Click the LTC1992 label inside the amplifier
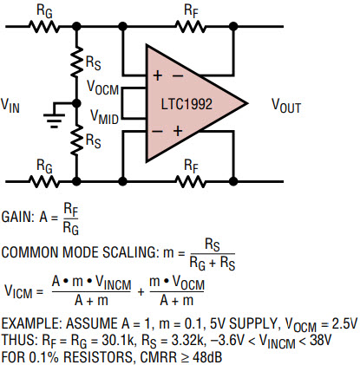(x=187, y=104)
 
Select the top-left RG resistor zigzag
(x=44, y=27)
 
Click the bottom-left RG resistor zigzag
(x=44, y=182)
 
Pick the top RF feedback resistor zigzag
(x=191, y=27)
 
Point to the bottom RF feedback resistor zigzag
(x=191, y=182)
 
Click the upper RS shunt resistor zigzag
(x=76, y=62)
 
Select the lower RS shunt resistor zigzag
(x=76, y=140)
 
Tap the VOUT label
(x=286, y=106)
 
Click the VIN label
(x=10, y=106)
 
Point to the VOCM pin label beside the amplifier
(x=103, y=87)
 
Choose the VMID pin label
(x=104, y=117)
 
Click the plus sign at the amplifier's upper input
(x=158, y=75)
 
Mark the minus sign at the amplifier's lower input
(x=158, y=132)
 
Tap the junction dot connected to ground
(x=76, y=103)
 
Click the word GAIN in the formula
(x=17, y=217)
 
